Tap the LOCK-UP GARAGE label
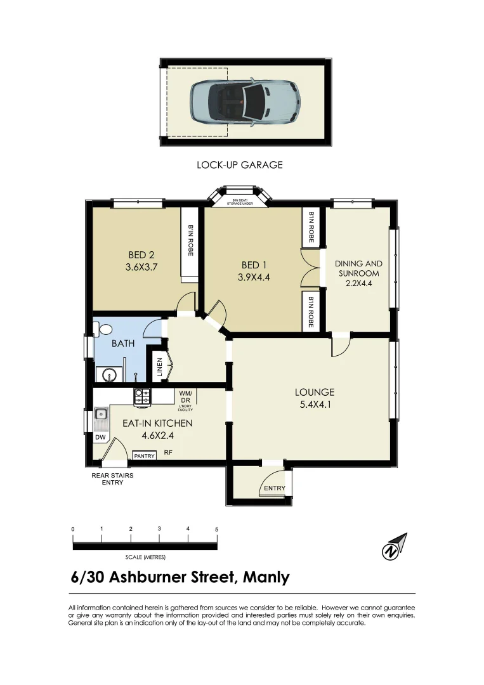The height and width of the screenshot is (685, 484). (240, 165)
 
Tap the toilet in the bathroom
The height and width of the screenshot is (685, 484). (103, 329)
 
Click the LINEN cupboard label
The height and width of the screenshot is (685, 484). (160, 369)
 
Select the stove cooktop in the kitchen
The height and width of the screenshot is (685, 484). (142, 396)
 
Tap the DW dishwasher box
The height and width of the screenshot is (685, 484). (100, 438)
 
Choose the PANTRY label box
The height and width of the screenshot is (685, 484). (144, 456)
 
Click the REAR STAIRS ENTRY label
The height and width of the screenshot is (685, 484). (112, 479)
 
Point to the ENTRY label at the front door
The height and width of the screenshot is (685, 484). (275, 488)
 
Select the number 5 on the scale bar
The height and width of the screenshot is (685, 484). (217, 529)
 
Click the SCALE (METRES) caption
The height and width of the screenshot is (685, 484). (145, 558)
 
